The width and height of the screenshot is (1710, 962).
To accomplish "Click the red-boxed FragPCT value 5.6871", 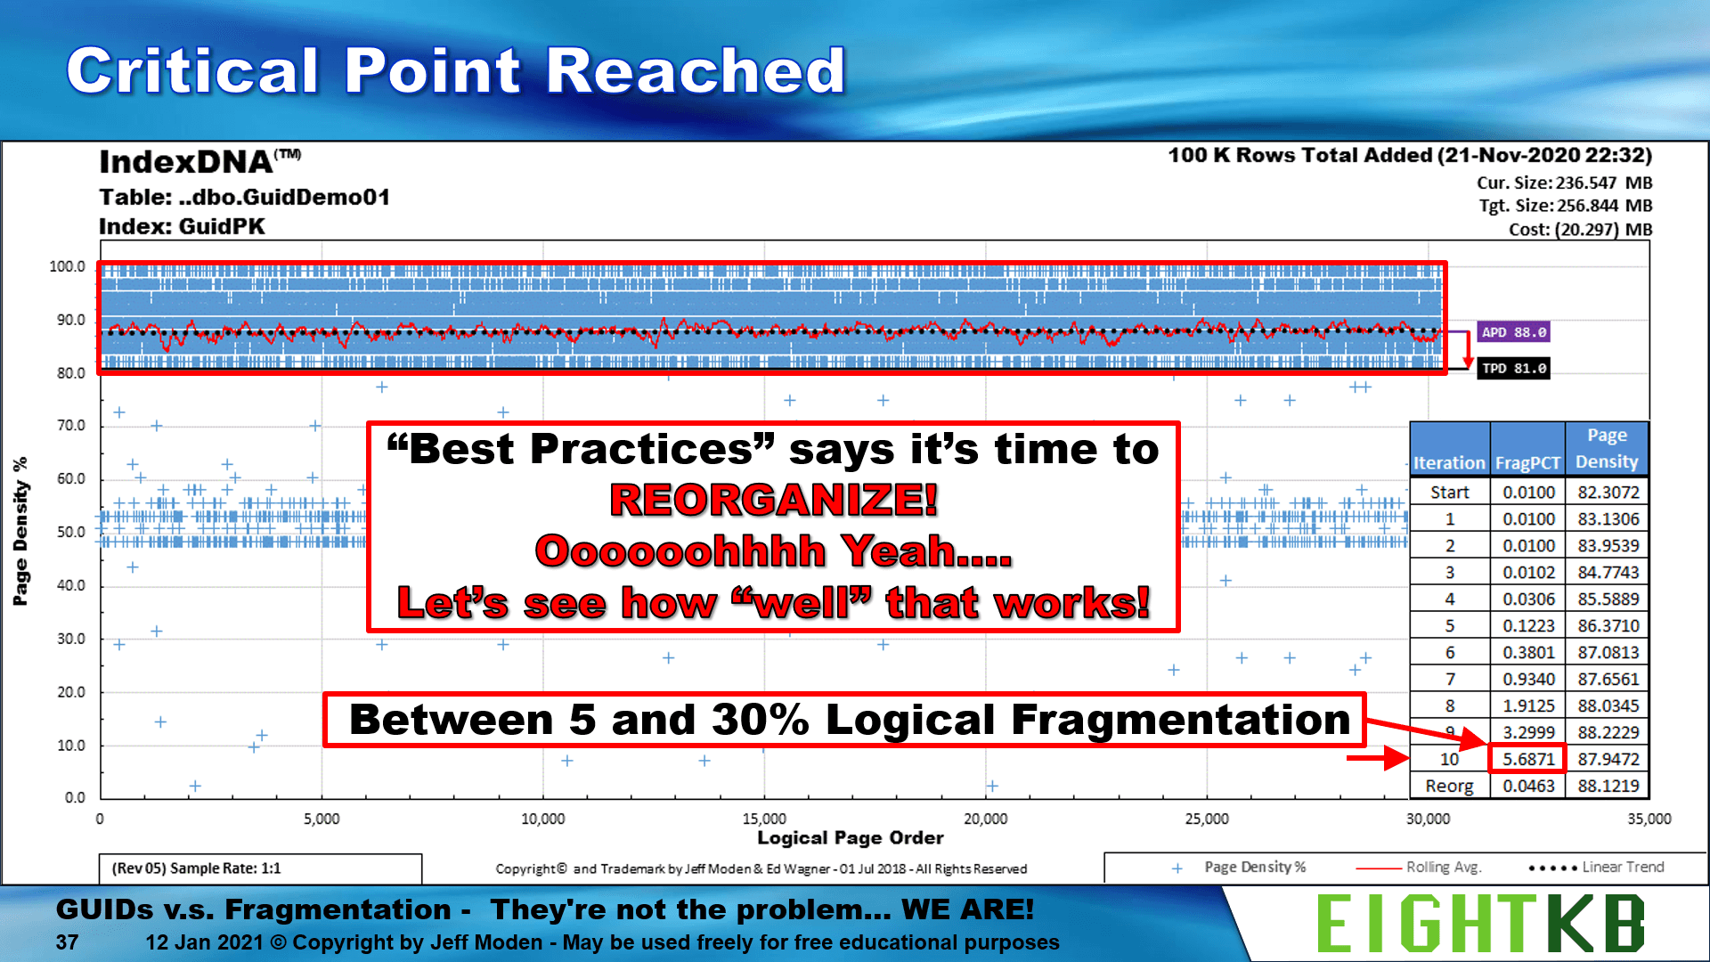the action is click(1528, 759).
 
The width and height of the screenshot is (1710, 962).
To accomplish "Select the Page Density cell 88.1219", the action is click(1608, 786).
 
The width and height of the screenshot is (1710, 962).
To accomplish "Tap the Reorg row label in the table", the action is click(1449, 786).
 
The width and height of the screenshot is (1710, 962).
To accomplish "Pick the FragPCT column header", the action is click(1527, 462).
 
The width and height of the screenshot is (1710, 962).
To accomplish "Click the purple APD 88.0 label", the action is click(1513, 332).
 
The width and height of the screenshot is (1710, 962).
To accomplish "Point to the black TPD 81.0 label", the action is click(1513, 368).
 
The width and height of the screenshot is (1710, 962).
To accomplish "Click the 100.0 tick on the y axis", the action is click(67, 266).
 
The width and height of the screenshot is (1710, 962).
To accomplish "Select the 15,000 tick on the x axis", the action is click(764, 819).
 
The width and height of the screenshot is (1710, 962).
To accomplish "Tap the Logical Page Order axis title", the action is click(851, 837).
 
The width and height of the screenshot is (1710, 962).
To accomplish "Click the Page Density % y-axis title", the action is click(20, 532).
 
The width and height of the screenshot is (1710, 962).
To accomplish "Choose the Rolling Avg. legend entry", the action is click(1419, 867).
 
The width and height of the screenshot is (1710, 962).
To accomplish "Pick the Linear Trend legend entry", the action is click(1596, 867).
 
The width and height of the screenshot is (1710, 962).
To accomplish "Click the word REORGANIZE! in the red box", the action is click(774, 500).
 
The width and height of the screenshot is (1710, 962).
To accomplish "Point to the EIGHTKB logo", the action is click(1480, 924).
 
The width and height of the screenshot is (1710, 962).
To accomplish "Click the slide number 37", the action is click(67, 942).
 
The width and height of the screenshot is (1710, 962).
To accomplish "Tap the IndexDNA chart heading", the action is click(200, 161).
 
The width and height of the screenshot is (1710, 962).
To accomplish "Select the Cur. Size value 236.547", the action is click(1585, 183).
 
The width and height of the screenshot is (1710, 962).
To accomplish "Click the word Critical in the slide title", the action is click(192, 70).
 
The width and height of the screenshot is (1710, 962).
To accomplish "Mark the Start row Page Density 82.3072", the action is click(1608, 492).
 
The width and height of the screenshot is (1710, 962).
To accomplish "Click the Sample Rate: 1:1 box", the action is click(260, 868).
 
